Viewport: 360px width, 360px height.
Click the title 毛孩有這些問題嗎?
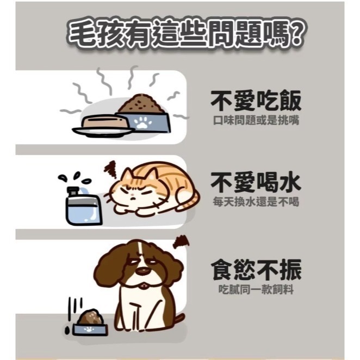(185, 34)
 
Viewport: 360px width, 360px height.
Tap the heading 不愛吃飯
(256, 101)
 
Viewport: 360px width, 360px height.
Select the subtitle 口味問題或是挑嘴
(256, 120)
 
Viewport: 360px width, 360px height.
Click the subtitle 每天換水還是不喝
(256, 202)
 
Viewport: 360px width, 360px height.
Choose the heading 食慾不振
(256, 270)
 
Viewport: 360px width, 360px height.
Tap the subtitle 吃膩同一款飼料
(256, 289)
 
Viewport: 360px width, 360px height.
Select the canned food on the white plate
(104, 122)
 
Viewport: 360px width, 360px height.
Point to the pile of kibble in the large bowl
(142, 104)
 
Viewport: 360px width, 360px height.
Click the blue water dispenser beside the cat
(83, 206)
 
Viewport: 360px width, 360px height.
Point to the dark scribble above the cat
(111, 170)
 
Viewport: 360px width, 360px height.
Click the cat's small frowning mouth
(133, 197)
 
